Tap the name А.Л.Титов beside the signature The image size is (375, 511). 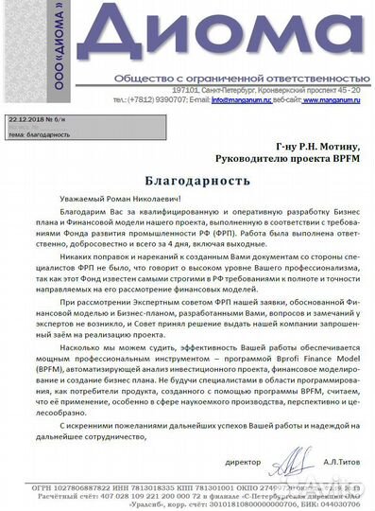pyautogui.click(x=338, y=463)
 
